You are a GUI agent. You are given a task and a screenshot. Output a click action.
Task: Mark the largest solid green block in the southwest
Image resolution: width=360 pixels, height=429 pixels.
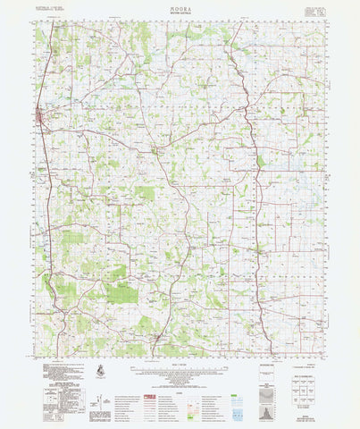121,294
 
